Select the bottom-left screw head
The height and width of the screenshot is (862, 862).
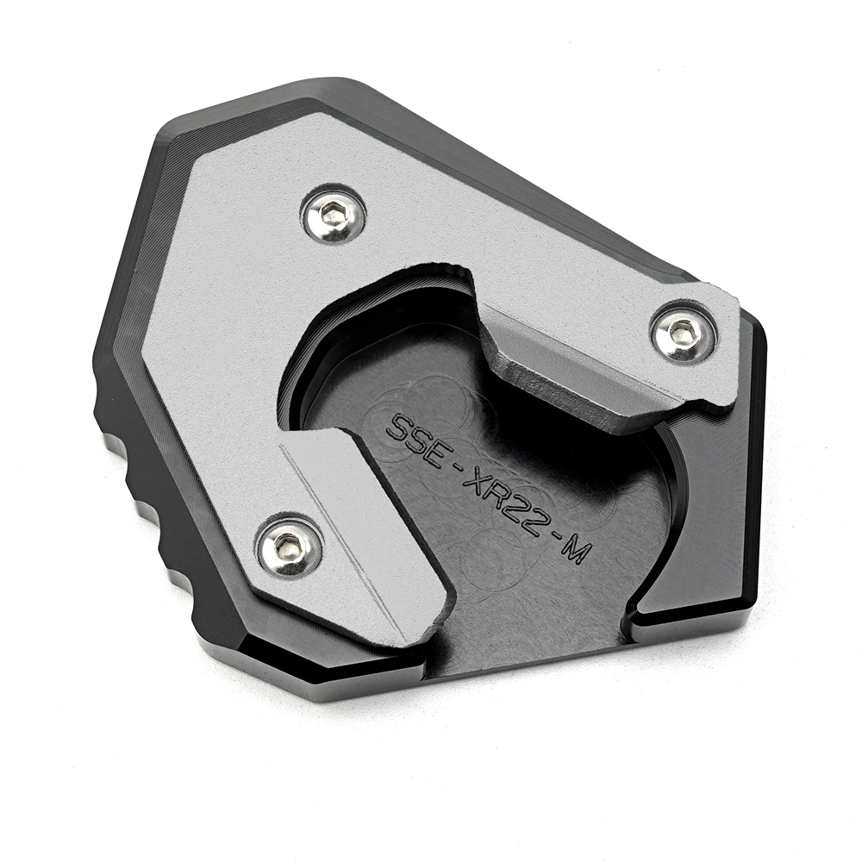click(289, 544)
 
